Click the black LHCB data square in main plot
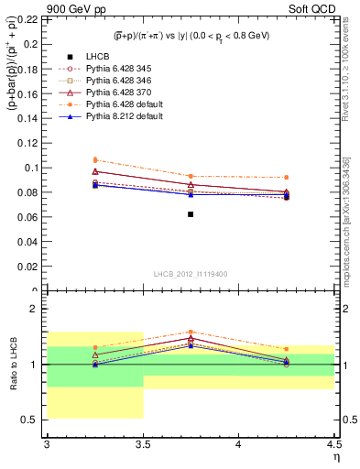click(x=191, y=214)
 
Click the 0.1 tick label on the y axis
click(x=34, y=168)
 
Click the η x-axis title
click(x=335, y=456)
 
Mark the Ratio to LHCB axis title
click(x=12, y=365)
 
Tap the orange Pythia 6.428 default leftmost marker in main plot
click(x=95, y=159)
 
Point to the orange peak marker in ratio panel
click(x=191, y=332)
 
